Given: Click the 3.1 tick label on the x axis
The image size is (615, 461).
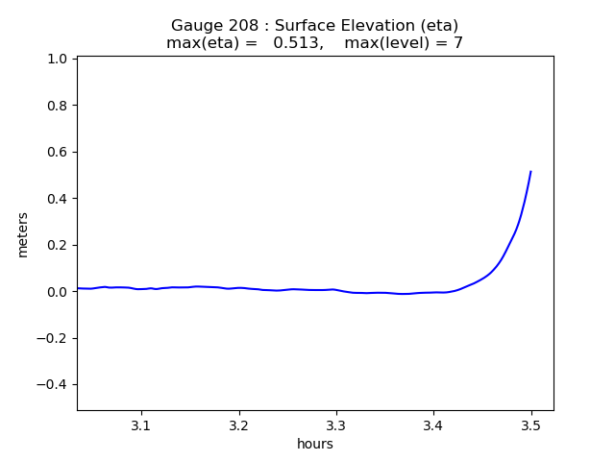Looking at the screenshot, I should tap(141, 425).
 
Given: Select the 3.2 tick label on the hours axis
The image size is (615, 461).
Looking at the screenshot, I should tap(238, 425).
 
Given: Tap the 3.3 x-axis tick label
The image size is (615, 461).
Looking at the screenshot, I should tap(336, 425).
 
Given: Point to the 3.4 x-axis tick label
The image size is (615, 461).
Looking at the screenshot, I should tap(433, 425).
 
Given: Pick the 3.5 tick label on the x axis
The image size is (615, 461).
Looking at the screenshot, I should tap(530, 425).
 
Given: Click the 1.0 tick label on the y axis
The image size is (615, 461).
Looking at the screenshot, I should tap(57, 59).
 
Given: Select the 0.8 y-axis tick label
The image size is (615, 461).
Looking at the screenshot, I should tap(57, 106).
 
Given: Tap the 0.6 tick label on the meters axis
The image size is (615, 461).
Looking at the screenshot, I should tap(57, 152).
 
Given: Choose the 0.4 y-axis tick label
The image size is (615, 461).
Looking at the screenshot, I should tap(57, 199).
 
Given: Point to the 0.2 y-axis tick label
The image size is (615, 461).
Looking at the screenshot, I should tap(57, 245).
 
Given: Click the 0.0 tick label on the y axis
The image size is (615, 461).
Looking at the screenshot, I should tap(57, 292).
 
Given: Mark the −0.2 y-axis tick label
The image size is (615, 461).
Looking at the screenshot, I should tap(53, 338).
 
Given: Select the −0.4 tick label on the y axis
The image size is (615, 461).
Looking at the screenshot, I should tap(53, 385).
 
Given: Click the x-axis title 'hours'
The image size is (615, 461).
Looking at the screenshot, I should tap(315, 444).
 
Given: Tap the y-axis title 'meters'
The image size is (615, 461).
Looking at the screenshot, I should tap(23, 235).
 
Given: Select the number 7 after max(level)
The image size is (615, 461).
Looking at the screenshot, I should tap(458, 43).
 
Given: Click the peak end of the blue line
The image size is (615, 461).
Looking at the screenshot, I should tap(530, 172).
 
